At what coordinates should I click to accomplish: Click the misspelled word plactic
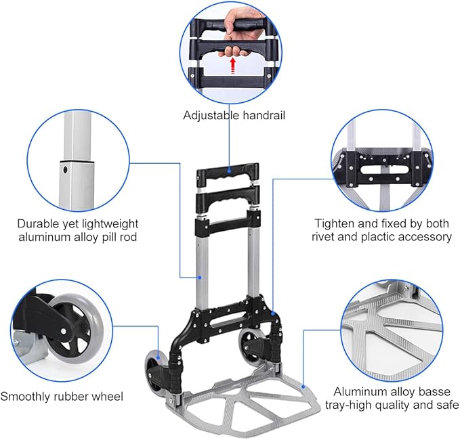[x=377, y=237]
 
